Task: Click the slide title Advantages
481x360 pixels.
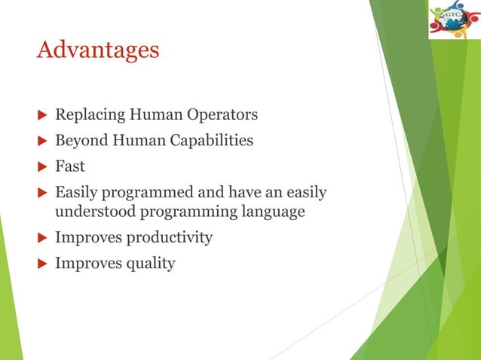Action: tap(98, 50)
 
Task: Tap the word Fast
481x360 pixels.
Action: tap(70, 166)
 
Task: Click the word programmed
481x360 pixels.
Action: tap(145, 193)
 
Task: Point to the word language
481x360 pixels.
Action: tap(273, 212)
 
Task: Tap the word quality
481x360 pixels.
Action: tap(149, 264)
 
